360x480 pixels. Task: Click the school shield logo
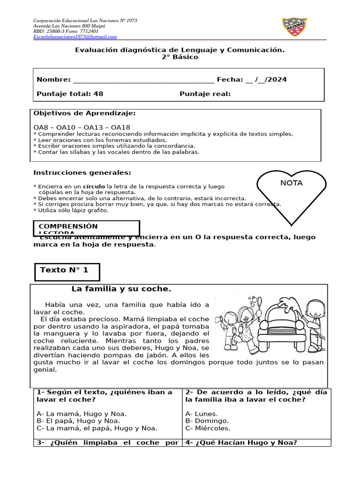tap(294, 27)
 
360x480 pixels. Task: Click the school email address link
tap(75, 37)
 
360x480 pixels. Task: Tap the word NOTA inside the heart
tap(291, 183)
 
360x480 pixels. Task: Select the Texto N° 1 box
tap(67, 271)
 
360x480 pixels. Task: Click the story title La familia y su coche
tap(121, 289)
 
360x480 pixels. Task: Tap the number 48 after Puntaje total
tap(98, 94)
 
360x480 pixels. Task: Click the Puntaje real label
tap(205, 94)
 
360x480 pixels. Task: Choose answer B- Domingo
tap(207, 421)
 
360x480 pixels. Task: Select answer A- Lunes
tap(202, 414)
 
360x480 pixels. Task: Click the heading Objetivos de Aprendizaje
tap(85, 113)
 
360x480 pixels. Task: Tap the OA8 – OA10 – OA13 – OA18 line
tap(82, 127)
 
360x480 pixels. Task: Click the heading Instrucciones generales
tap(82, 173)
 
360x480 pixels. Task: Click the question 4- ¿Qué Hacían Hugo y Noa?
tap(241, 442)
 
